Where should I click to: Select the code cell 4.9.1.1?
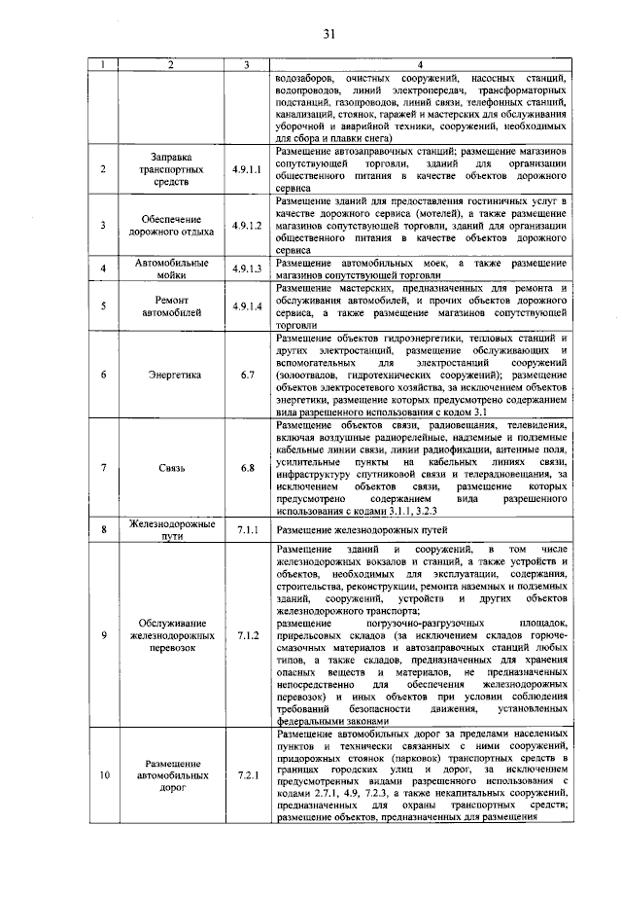(248, 168)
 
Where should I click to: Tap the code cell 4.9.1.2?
(248, 225)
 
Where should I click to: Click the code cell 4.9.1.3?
(248, 269)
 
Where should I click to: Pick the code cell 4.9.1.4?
(248, 307)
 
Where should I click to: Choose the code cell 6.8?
(248, 468)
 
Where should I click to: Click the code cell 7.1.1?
(248, 530)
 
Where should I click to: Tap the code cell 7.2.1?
(248, 776)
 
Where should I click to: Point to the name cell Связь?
(172, 468)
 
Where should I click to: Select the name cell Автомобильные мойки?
(172, 269)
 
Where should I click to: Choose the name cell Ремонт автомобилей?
(172, 307)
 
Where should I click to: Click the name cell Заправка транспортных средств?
(172, 168)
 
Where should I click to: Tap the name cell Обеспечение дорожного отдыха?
(172, 225)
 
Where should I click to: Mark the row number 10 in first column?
(104, 776)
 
